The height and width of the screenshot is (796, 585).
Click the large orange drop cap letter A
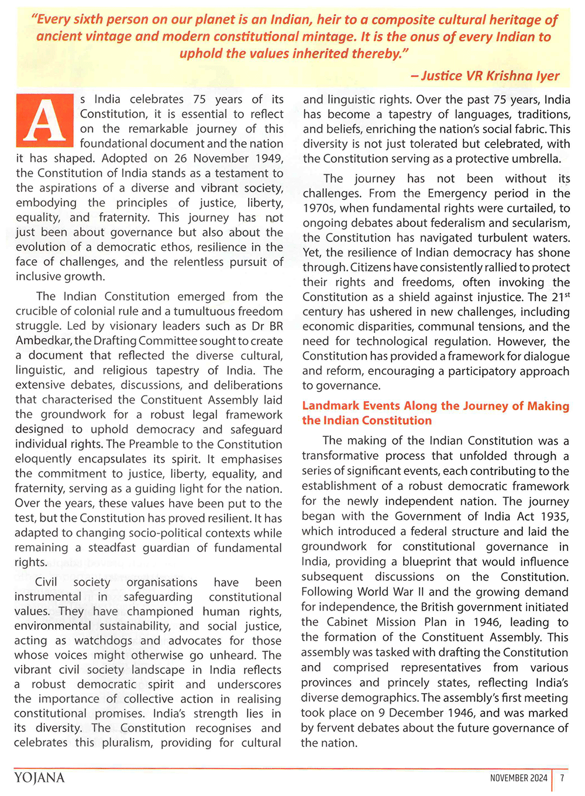pos(45,120)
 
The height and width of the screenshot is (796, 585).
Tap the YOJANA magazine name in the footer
pos(39,777)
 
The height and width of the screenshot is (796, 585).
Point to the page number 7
pos(562,778)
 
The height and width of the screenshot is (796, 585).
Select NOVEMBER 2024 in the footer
pos(518,778)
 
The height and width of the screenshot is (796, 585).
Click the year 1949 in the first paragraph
pos(269,158)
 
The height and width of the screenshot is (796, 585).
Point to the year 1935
pos(553,516)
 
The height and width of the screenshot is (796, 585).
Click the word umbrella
pos(536,158)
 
